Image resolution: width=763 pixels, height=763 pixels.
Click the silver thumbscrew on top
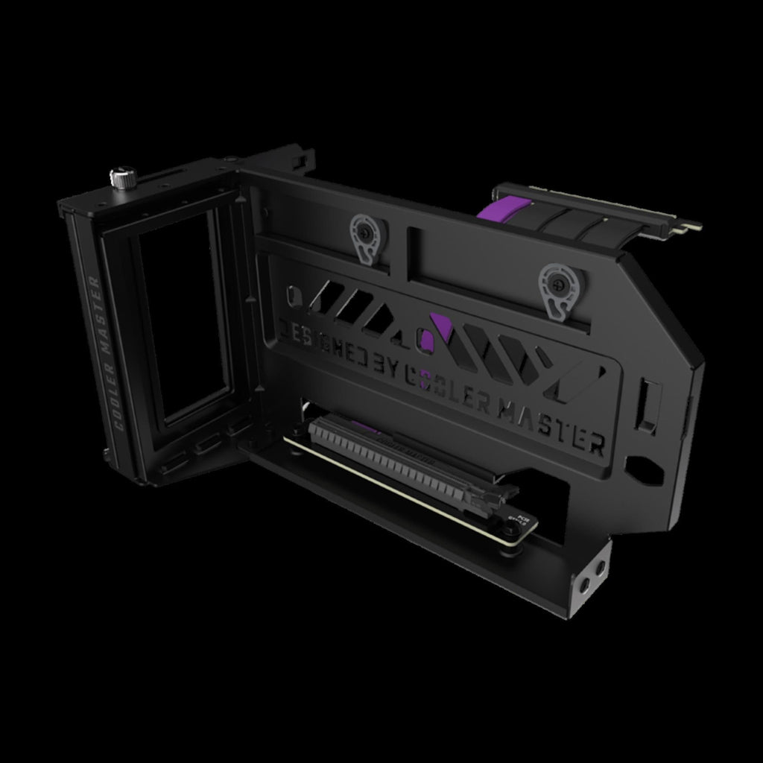pyautogui.click(x=121, y=177)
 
